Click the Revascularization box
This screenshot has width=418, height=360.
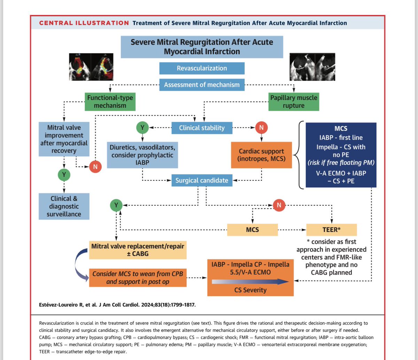[x=202, y=68]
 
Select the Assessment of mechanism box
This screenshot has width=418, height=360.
[x=202, y=85]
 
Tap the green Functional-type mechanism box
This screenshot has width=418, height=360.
[x=110, y=101]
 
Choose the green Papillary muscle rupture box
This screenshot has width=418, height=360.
[x=294, y=101]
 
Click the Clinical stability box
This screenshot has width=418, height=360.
[x=202, y=128]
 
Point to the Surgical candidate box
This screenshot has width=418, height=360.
[x=202, y=180]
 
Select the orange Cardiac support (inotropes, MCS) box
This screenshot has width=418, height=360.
[x=261, y=155]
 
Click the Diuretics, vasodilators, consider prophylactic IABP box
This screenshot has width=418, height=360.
[x=142, y=155]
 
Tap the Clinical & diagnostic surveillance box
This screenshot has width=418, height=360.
[x=64, y=206]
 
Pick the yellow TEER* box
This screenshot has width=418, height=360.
[x=332, y=230]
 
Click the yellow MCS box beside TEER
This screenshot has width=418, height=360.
[x=253, y=230]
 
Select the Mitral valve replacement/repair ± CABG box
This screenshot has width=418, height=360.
[x=138, y=250]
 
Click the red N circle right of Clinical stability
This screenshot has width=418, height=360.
[x=261, y=128]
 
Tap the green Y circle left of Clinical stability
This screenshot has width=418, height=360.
[x=142, y=128]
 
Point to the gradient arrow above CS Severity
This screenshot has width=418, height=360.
[x=250, y=282]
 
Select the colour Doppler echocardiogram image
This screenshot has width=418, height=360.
[x=91, y=67]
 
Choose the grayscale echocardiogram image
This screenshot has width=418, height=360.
[x=312, y=67]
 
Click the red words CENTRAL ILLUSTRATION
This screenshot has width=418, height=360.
[x=84, y=23]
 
